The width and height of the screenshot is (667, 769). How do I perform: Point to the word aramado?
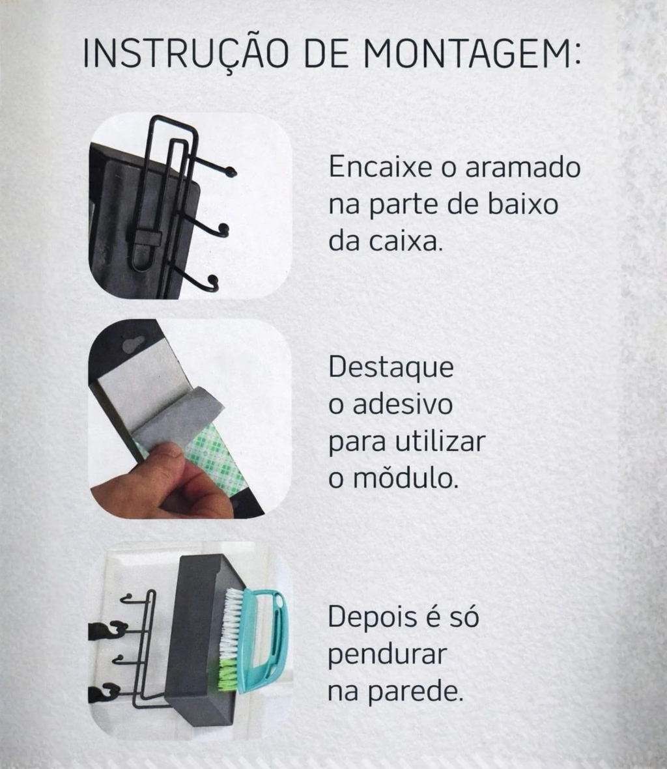click(x=523, y=167)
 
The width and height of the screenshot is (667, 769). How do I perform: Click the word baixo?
click(x=523, y=204)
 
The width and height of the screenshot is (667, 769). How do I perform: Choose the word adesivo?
click(x=403, y=404)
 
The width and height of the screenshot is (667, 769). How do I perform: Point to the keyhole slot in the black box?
click(x=133, y=344)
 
